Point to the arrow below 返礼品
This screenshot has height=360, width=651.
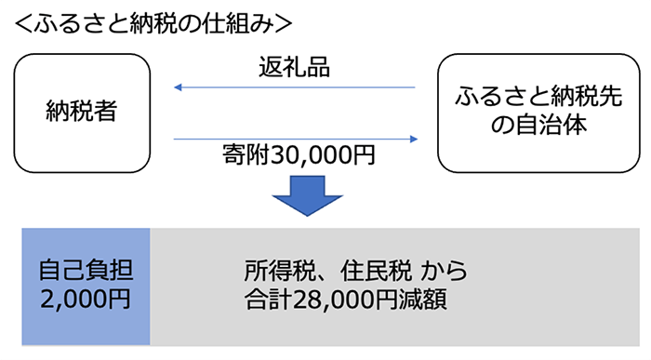point(294,87)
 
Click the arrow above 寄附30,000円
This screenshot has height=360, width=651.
point(294,140)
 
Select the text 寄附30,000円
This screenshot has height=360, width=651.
point(294,155)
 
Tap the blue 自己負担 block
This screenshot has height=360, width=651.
point(86,287)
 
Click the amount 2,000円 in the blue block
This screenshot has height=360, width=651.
point(86,300)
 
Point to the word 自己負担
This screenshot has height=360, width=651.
point(86,272)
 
